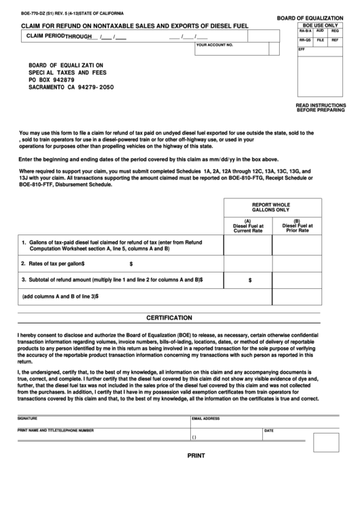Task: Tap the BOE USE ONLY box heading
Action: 321,24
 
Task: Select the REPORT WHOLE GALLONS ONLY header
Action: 271,207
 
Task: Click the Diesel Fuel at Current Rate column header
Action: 247,226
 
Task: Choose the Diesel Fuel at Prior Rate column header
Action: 296,226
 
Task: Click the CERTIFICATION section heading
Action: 179,317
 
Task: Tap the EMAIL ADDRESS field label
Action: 206,419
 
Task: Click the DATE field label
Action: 269,430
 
